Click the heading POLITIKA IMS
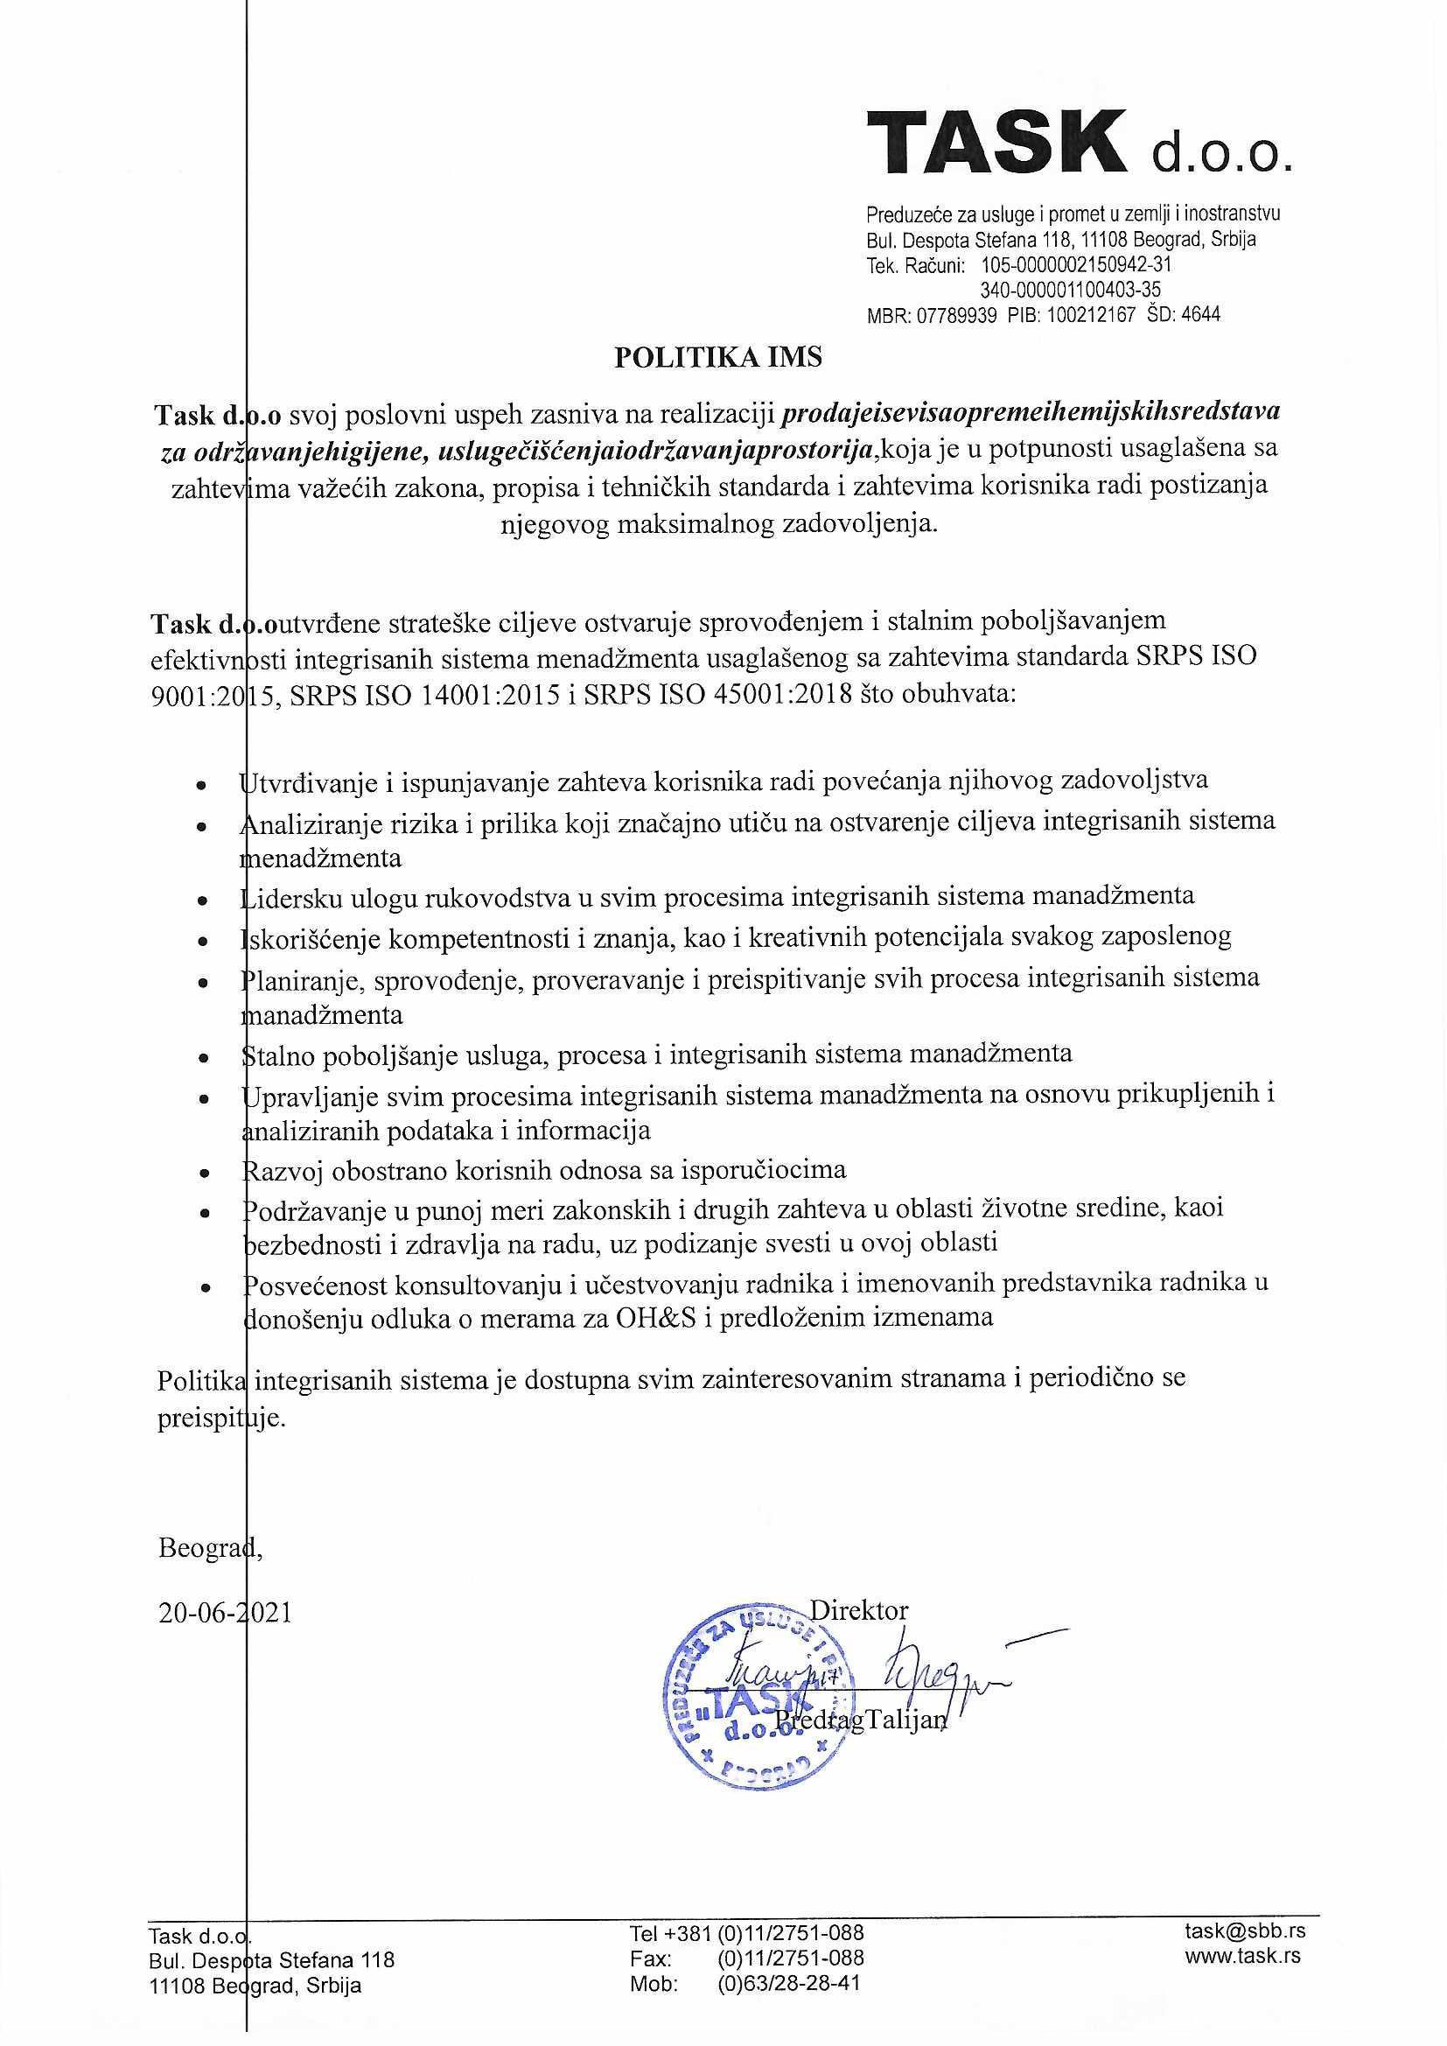coord(718,357)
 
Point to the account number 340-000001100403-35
coord(1070,290)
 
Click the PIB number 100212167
coord(1091,314)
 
